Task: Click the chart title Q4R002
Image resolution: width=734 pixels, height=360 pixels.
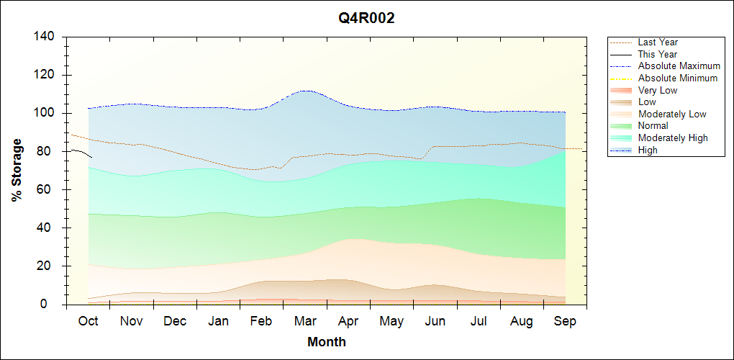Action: tap(367, 19)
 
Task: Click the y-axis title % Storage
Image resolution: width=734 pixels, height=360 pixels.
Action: tap(17, 170)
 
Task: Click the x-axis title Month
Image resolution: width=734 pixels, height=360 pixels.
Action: tap(326, 342)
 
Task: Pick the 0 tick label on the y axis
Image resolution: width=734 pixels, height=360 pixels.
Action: tap(53, 304)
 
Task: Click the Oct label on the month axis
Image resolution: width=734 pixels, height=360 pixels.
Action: tap(88, 321)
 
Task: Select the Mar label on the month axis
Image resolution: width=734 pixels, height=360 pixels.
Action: tap(305, 321)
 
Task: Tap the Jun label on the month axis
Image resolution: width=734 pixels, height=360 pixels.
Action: tap(435, 321)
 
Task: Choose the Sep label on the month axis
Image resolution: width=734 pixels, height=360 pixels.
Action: tap(565, 321)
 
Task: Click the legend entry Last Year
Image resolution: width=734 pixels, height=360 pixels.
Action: tap(658, 42)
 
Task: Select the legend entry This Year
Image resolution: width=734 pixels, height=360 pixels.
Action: tap(658, 54)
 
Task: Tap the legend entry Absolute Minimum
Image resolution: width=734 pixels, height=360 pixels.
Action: tap(678, 78)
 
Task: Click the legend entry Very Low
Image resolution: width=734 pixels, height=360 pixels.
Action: tap(658, 90)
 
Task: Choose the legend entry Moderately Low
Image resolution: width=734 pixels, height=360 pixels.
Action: tap(672, 114)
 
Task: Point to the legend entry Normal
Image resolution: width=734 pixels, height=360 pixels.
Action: tap(653, 126)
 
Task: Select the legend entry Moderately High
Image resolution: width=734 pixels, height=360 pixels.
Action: tap(673, 138)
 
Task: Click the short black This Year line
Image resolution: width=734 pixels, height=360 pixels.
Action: tap(81, 151)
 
